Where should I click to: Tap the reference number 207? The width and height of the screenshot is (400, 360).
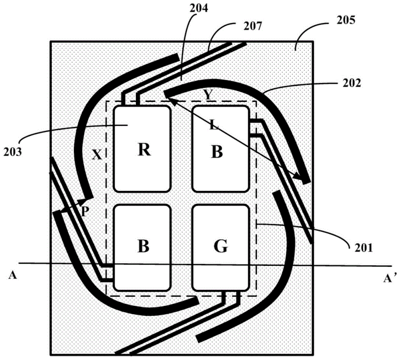[x=254, y=27]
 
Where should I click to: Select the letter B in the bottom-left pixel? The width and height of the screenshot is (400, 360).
[x=143, y=247]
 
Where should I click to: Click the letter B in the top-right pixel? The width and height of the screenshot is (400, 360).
[x=216, y=152]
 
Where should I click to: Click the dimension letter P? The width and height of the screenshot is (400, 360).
[x=84, y=211]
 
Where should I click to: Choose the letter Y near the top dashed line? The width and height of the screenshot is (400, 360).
[x=207, y=95]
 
